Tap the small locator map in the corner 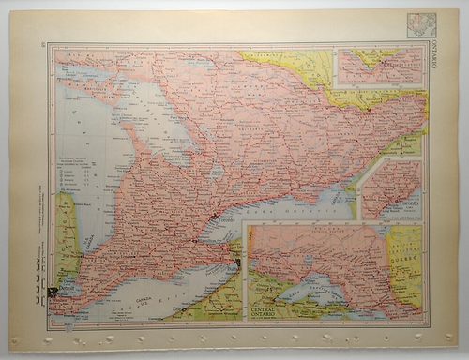tap(420, 24)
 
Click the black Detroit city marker tap(52, 292)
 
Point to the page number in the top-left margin tap(44, 44)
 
